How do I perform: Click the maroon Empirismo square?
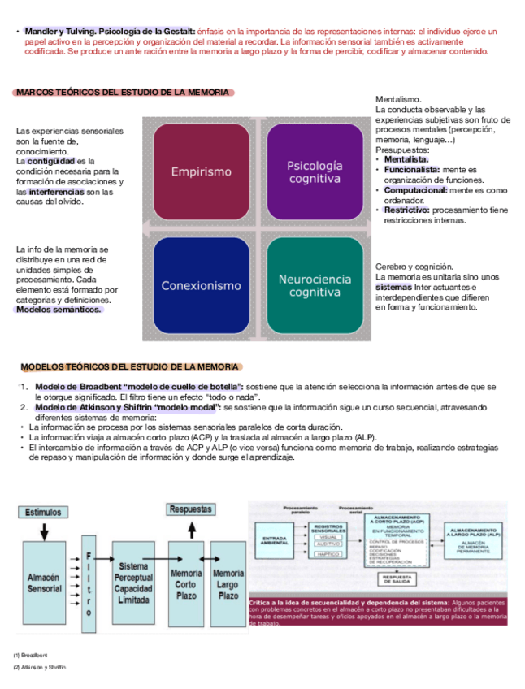(201, 171)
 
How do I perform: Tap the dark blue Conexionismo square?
(201, 285)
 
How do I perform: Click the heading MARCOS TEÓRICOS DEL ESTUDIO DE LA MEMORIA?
(123, 93)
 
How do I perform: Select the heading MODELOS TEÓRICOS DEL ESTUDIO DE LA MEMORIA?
(130, 367)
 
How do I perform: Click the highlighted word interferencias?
(56, 192)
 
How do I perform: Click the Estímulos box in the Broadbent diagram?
(42, 513)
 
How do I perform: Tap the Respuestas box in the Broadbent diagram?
(191, 509)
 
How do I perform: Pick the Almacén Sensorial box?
(44, 582)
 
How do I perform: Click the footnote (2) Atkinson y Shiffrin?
(40, 667)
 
